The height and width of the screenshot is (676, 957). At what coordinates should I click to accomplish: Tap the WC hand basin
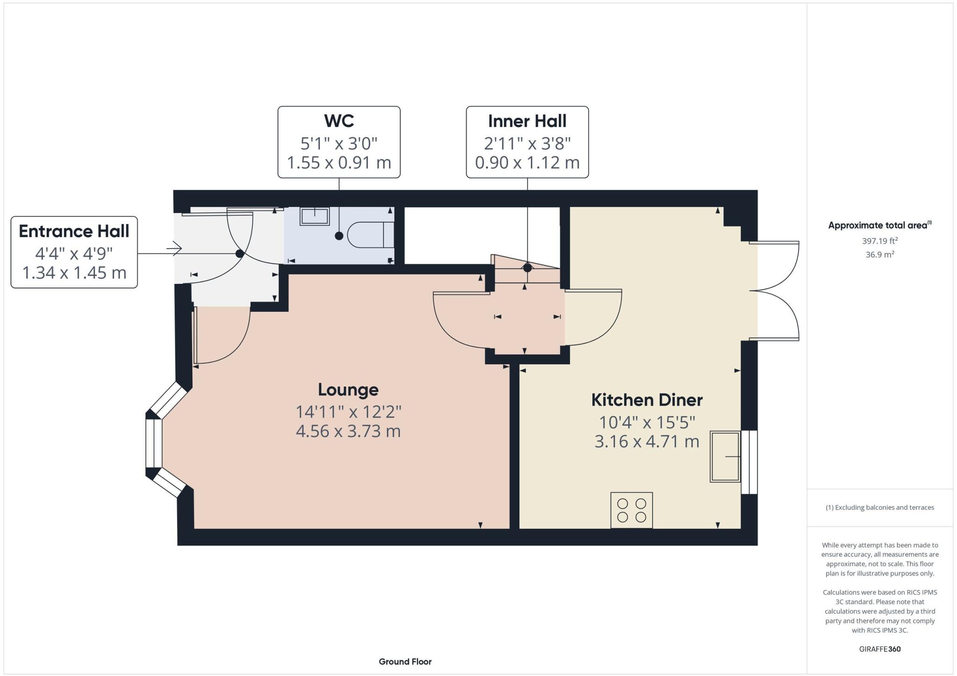315,216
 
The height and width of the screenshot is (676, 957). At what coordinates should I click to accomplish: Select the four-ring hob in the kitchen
631,511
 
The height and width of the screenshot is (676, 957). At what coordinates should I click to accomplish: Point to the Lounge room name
348,390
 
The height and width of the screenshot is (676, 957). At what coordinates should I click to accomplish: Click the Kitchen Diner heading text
647,400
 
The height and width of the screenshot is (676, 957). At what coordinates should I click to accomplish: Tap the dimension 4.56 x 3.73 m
348,431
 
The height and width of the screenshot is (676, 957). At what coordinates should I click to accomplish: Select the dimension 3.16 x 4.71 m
647,441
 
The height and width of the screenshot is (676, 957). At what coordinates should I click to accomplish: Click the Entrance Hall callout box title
74,231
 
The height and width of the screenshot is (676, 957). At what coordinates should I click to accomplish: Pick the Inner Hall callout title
527,121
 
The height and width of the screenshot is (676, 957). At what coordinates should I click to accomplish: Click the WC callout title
339,121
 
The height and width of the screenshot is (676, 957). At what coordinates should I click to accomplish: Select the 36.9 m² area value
880,255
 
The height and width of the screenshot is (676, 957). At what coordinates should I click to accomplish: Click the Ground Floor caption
405,662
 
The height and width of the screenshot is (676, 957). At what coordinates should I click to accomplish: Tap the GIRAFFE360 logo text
880,649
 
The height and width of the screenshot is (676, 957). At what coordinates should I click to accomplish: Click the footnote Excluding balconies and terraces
880,507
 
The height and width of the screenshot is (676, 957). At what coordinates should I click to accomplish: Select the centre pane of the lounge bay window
154,443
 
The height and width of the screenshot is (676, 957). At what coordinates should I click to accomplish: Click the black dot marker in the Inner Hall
528,268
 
